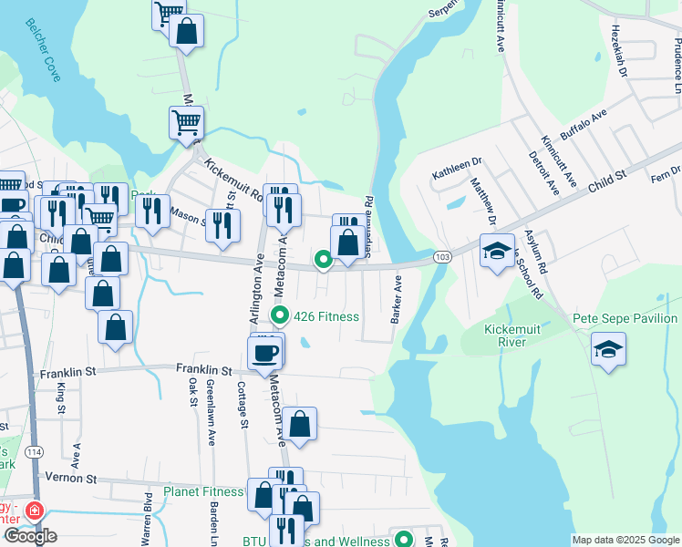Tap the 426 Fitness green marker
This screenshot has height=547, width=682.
(x=281, y=316)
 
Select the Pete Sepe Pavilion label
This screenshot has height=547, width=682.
(x=625, y=318)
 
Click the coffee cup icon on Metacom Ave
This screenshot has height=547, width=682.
(x=265, y=352)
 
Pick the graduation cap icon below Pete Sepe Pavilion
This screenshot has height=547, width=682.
(x=608, y=348)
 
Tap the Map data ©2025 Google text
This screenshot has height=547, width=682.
(x=625, y=540)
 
